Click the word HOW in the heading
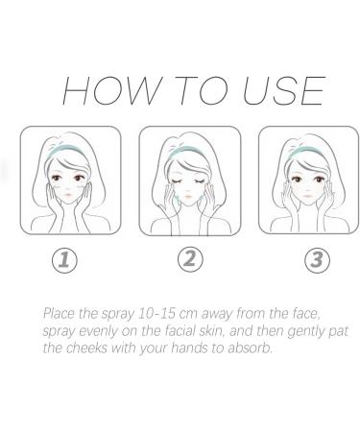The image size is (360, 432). coord(110,90)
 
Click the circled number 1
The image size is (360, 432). coord(64,260)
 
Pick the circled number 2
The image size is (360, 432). coord(190,259)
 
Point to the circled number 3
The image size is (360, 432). coord(317,260)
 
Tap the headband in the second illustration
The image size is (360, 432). coord(188,150)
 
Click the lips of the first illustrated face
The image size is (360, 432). coord(68,194)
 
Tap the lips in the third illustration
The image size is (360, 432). coord(307,195)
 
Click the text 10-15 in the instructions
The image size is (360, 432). coord(156,314)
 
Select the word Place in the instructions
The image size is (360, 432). coord(59,313)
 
